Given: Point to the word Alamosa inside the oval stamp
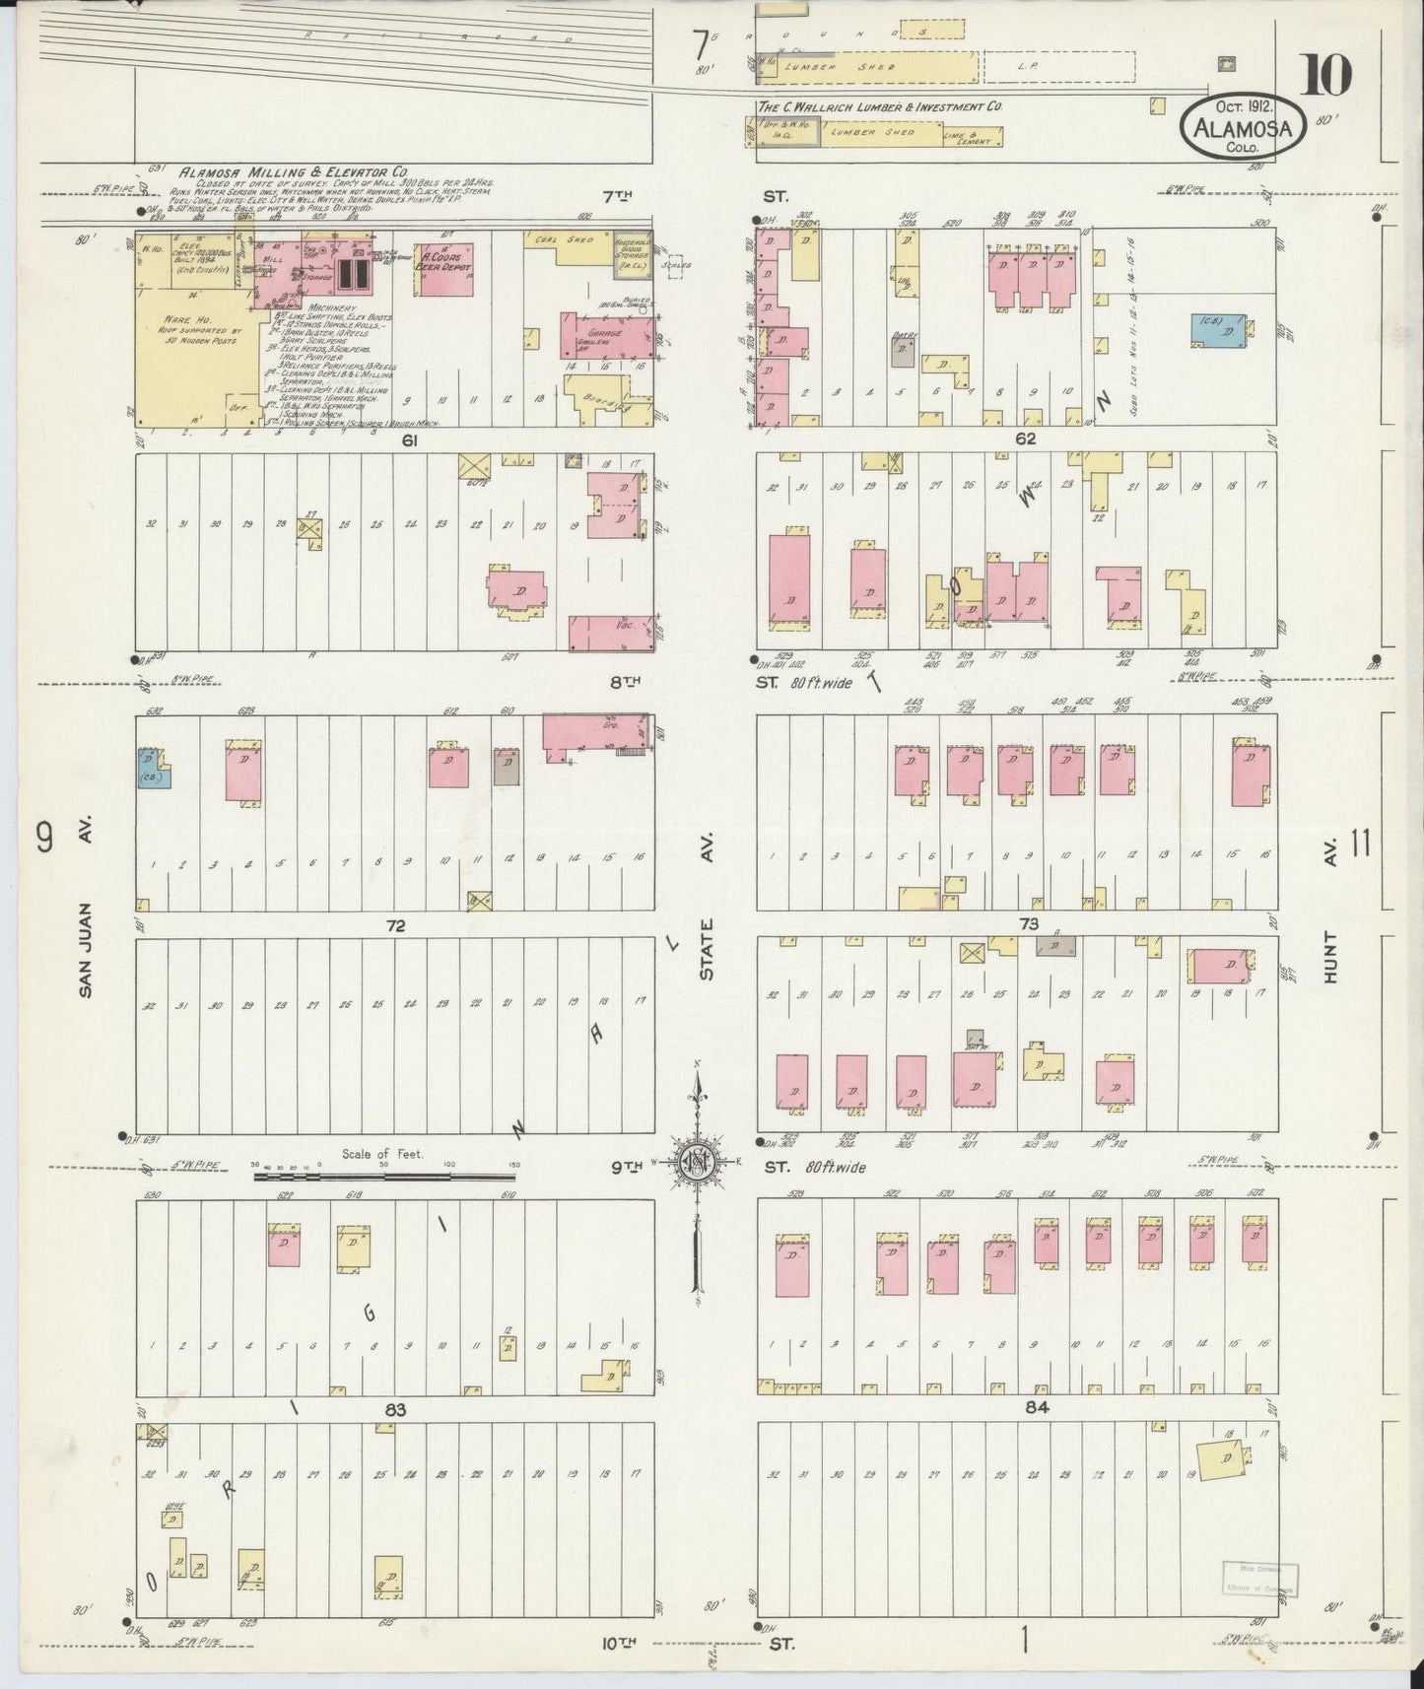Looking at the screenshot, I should point(1248,128).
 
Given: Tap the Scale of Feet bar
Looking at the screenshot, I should point(384,1176).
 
